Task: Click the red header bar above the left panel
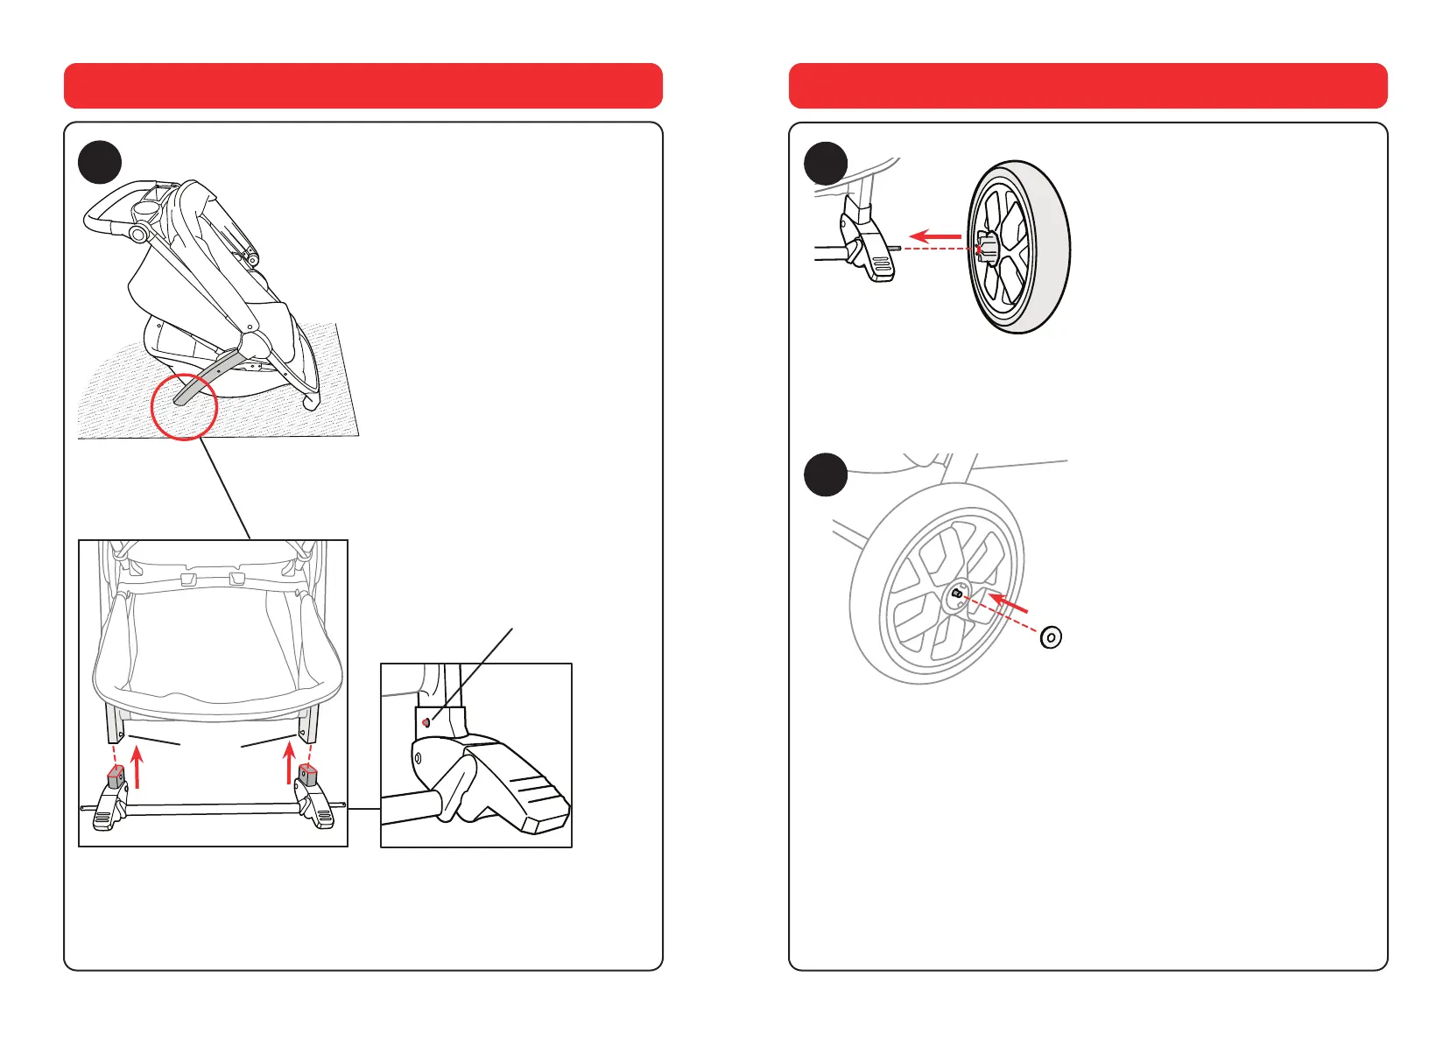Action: tap(362, 86)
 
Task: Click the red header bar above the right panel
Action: tap(1087, 86)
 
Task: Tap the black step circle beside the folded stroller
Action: tap(100, 162)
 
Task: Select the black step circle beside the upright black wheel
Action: tap(826, 164)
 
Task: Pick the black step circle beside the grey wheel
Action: tap(826, 474)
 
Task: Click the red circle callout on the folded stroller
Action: tap(184, 407)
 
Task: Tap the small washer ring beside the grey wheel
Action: tap(1051, 637)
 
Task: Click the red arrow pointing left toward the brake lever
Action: tap(935, 235)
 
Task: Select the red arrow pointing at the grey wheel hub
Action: tap(1008, 604)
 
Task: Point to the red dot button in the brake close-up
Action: tap(426, 722)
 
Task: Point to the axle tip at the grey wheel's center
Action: tap(956, 594)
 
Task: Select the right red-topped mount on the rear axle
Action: tap(306, 773)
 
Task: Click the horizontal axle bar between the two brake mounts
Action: tap(210, 810)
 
